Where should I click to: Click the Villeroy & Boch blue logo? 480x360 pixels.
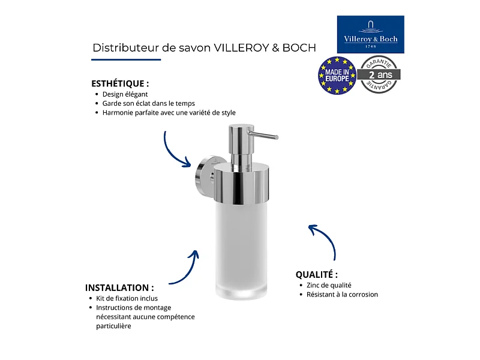pyautogui.click(x=370, y=34)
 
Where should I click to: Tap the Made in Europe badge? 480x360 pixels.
pyautogui.click(x=337, y=76)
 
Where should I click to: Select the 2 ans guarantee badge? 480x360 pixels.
pyautogui.click(x=379, y=74)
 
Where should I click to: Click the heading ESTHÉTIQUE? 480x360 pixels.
pyautogui.click(x=120, y=83)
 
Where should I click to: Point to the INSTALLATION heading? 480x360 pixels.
pyautogui.click(x=119, y=288)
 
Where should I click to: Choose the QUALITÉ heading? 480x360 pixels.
pyautogui.click(x=317, y=275)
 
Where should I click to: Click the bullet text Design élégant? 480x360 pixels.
pyautogui.click(x=125, y=94)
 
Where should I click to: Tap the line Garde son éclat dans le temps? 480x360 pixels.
pyautogui.click(x=148, y=103)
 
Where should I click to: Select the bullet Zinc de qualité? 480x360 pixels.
pyautogui.click(x=329, y=286)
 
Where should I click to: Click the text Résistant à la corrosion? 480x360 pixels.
pyautogui.click(x=342, y=295)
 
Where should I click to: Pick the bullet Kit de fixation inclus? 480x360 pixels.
pyautogui.click(x=127, y=298)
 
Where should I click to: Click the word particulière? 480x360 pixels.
pyautogui.click(x=113, y=326)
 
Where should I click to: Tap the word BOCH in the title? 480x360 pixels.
pyautogui.click(x=299, y=48)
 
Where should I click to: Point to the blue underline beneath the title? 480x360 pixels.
pyautogui.click(x=126, y=59)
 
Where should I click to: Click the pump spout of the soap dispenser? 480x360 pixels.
pyautogui.click(x=263, y=135)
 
